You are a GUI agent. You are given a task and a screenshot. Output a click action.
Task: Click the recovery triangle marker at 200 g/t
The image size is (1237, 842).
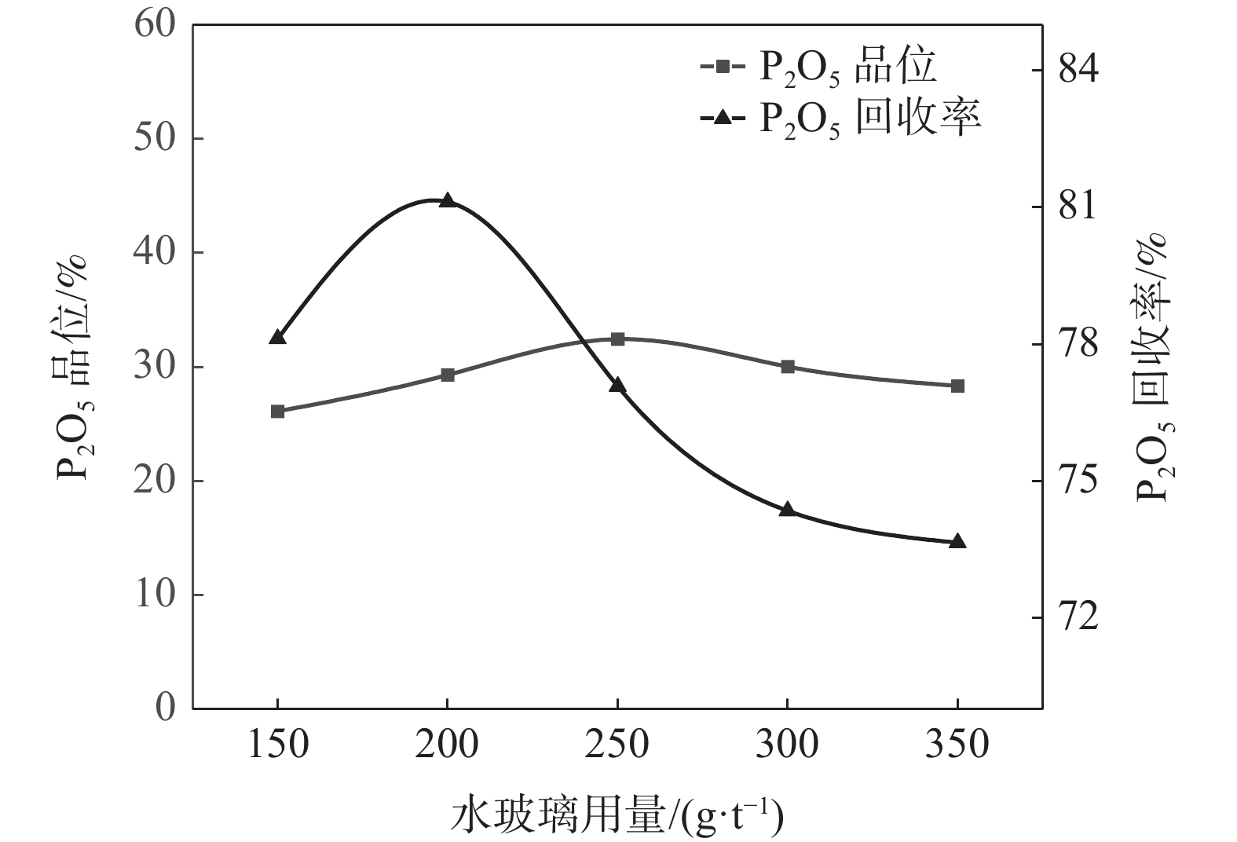click(x=448, y=200)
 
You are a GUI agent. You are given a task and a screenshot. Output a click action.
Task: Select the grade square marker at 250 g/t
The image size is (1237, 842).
click(x=617, y=339)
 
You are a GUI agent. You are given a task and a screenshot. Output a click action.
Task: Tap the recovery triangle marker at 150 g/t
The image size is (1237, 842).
click(x=277, y=337)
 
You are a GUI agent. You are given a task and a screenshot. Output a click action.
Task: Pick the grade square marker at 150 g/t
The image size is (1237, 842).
click(x=277, y=412)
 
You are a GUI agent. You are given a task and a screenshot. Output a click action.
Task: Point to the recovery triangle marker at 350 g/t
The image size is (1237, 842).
click(x=957, y=542)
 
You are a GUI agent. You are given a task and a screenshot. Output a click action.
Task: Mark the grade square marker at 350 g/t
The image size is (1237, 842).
click(x=957, y=386)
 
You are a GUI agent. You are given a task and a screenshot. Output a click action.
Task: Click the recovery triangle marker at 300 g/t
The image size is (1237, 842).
click(x=788, y=509)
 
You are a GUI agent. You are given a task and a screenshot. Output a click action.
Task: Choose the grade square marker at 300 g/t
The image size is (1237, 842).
click(x=788, y=367)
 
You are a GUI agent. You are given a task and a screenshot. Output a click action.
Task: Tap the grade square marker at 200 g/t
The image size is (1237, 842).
click(x=448, y=375)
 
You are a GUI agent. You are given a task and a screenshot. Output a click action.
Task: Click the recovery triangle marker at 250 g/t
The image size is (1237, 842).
click(x=617, y=385)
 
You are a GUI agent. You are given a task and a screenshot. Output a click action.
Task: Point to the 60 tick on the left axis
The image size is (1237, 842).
click(x=154, y=24)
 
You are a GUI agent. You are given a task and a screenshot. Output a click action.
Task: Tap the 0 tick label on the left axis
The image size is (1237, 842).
click(x=164, y=708)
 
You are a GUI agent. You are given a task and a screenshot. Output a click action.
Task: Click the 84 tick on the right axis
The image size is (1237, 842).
click(x=1079, y=70)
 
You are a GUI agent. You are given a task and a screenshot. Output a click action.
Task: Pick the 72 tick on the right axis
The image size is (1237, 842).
click(x=1079, y=617)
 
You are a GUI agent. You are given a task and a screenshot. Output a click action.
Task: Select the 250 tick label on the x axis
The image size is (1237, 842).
click(x=617, y=745)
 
